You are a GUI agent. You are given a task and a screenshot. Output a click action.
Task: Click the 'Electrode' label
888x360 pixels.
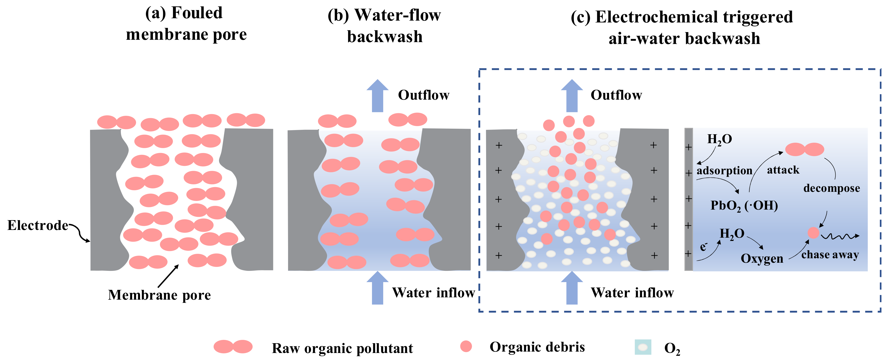click(x=38, y=225)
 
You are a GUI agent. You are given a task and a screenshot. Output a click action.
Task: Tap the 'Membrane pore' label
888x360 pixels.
click(x=159, y=295)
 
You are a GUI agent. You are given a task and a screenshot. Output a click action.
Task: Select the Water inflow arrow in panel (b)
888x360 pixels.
click(x=377, y=288)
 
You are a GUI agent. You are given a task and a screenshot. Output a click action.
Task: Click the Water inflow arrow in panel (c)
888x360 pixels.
click(x=572, y=288)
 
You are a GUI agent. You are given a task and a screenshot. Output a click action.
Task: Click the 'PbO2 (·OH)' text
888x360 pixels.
click(x=744, y=206)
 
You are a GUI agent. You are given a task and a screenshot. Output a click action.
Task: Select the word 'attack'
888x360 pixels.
click(x=783, y=170)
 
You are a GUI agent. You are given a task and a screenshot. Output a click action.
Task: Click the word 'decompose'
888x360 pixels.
click(x=831, y=188)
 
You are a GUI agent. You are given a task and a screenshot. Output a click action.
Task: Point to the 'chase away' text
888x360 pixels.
click(x=830, y=255)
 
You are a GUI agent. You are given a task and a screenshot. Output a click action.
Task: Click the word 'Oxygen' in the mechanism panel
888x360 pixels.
click(x=762, y=259)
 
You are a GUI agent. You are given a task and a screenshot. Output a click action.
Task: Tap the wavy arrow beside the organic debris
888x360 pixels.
click(x=840, y=236)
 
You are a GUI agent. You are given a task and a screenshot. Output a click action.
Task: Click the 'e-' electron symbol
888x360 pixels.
click(x=704, y=247)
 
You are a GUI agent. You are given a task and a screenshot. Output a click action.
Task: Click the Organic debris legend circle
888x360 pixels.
click(x=466, y=346)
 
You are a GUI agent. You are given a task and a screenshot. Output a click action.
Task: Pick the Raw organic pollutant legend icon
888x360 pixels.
click(x=233, y=347)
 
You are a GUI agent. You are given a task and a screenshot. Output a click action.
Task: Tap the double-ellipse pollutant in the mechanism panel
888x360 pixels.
click(x=805, y=149)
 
